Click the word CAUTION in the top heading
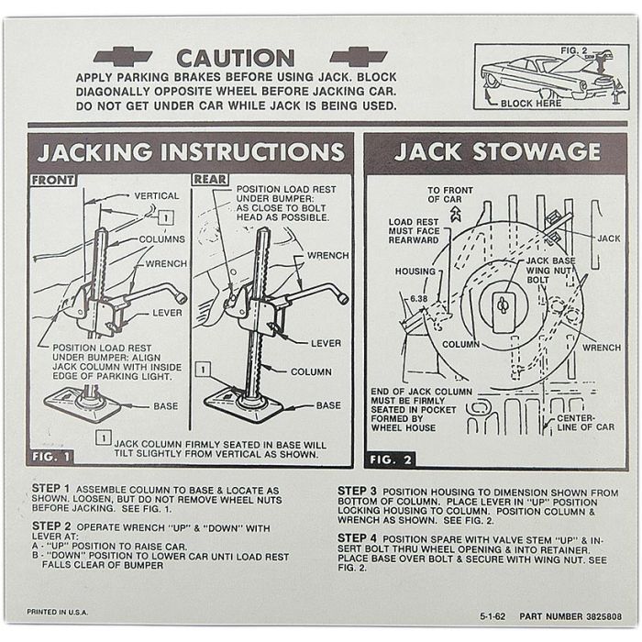pyautogui.click(x=235, y=58)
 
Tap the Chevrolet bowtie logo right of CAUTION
pyautogui.click(x=359, y=56)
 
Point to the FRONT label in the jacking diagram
pyautogui.click(x=53, y=181)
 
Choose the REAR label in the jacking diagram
pyautogui.click(x=210, y=180)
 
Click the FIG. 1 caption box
pyautogui.click(x=50, y=456)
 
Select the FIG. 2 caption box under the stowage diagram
pyautogui.click(x=390, y=459)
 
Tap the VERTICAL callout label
pyautogui.click(x=157, y=196)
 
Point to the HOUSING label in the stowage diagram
pyautogui.click(x=415, y=272)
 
